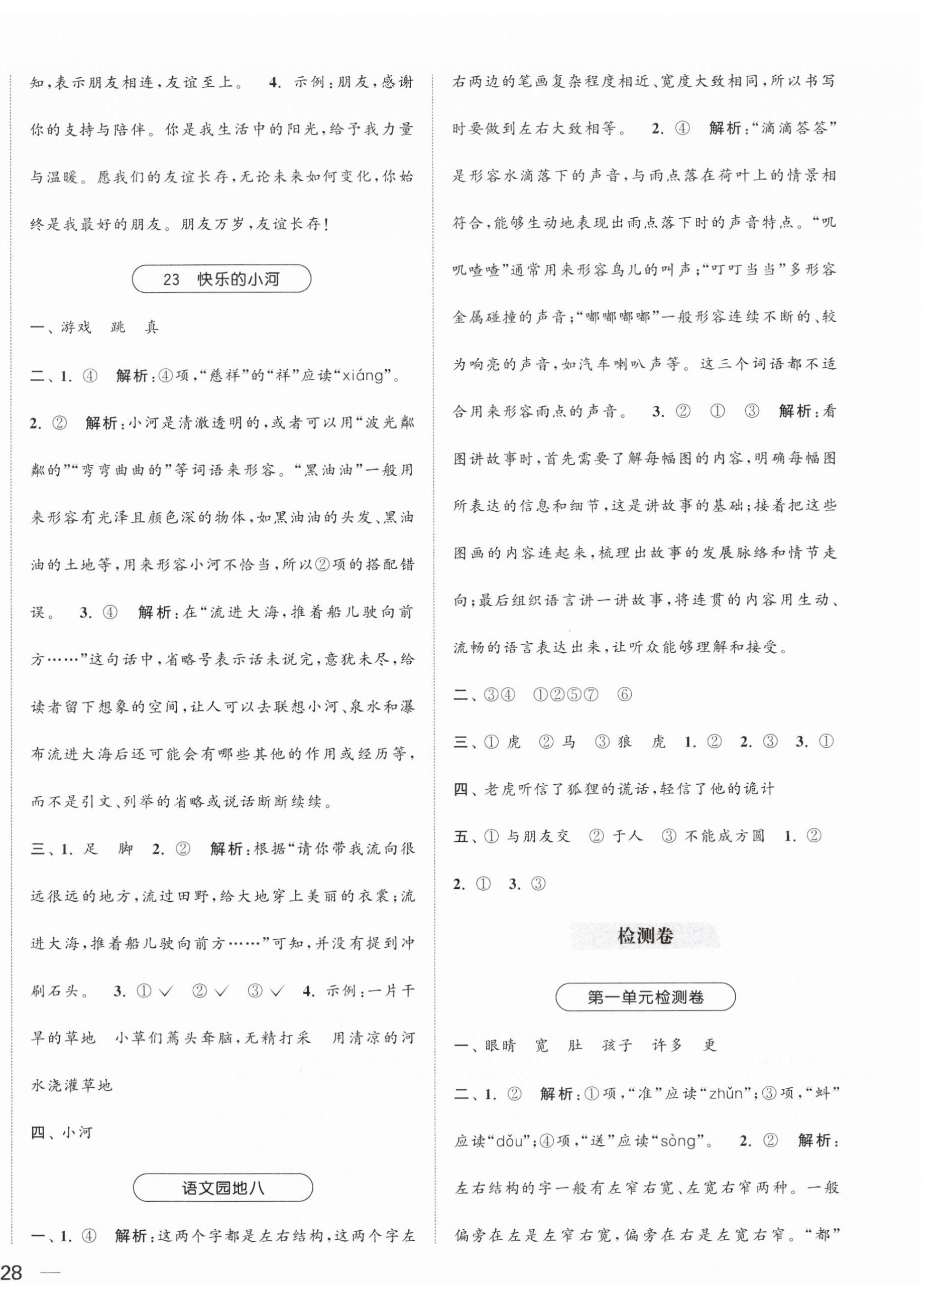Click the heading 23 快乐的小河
point(221,279)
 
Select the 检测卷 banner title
point(645,935)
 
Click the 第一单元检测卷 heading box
point(645,997)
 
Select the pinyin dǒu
point(504,1141)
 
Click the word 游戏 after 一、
point(76,328)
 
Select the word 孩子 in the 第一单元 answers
point(617,1046)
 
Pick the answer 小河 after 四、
point(77,1132)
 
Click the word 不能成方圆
point(724,836)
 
